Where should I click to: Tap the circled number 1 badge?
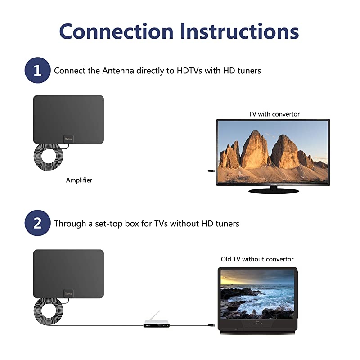37,70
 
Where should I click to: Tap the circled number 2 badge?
37,223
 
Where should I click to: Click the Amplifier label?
79,180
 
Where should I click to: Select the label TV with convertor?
274,114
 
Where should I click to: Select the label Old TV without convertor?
257,259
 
